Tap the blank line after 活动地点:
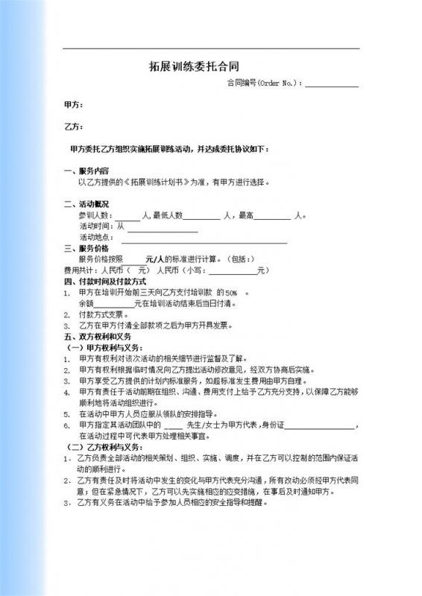click(204, 240)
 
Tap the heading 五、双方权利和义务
click(98, 337)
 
